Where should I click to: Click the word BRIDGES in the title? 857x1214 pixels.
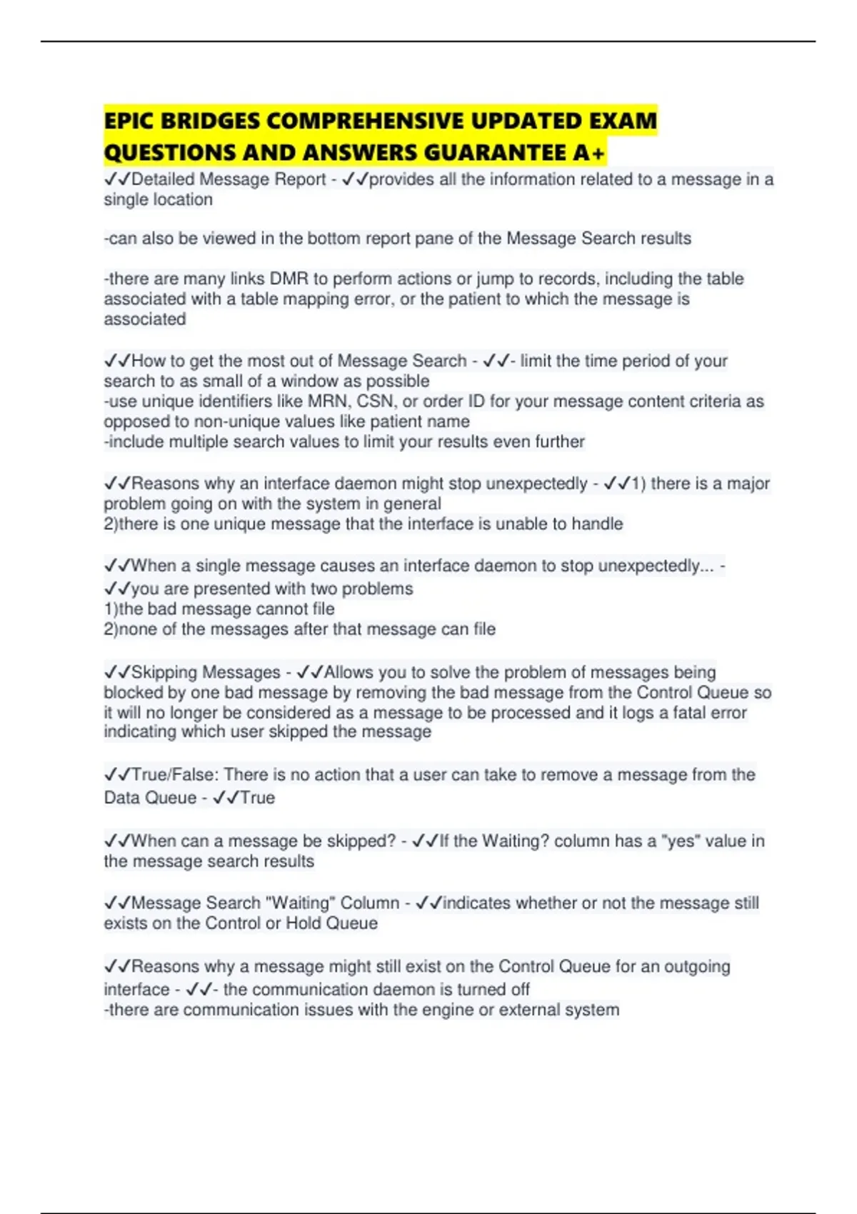pyautogui.click(x=211, y=121)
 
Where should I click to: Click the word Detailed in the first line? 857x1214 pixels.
pyautogui.click(x=163, y=179)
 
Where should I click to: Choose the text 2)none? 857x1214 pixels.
pyautogui.click(x=131, y=629)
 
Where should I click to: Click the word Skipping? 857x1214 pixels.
pyautogui.click(x=170, y=672)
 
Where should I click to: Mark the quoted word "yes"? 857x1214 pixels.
pyautogui.click(x=681, y=841)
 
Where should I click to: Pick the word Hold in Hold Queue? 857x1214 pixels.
pyautogui.click(x=304, y=923)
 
